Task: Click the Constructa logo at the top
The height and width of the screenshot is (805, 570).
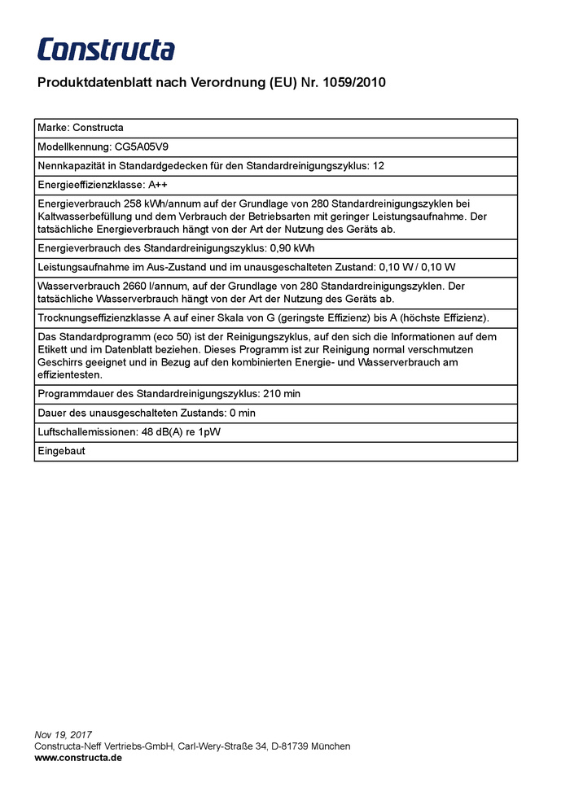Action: click(106, 49)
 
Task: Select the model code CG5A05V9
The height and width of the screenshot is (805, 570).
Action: click(142, 147)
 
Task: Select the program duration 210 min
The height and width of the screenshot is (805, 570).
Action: click(281, 394)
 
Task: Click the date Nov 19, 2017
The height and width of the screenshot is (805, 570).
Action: click(64, 735)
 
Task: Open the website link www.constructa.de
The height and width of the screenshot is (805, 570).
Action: click(78, 757)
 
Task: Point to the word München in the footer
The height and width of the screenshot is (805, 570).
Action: click(331, 746)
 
